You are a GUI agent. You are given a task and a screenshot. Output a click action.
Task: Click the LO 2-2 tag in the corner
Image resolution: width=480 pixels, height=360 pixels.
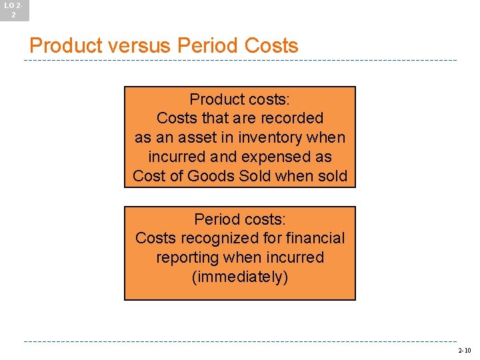coord(13,9)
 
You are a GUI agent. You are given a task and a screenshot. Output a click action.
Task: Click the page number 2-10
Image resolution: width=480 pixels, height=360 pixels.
coord(464,350)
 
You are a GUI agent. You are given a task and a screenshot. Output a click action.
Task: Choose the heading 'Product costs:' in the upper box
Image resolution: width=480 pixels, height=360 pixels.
coord(240,99)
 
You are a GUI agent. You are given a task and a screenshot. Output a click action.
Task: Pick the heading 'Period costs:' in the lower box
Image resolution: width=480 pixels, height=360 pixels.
coord(240,219)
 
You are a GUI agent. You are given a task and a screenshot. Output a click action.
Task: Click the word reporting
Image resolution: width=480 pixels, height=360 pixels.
coord(187,258)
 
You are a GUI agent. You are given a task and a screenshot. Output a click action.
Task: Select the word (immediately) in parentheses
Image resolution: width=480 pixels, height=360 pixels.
coord(240,277)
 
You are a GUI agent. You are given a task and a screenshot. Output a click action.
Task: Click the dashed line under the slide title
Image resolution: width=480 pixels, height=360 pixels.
coord(240,61)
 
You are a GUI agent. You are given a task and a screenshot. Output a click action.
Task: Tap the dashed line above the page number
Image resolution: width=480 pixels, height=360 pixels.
coord(240,341)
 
